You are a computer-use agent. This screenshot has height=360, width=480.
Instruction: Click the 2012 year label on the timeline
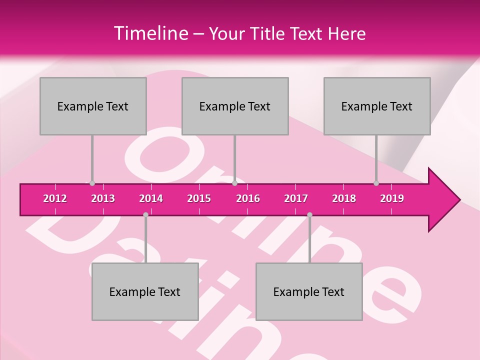(55, 198)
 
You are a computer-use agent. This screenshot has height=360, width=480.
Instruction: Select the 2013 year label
(103, 198)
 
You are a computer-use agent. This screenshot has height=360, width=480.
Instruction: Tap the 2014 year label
(151, 198)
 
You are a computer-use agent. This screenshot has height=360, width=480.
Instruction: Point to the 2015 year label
(199, 198)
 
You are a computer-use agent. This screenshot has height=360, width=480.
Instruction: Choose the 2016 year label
(248, 198)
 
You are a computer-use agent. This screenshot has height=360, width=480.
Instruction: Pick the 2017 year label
(296, 198)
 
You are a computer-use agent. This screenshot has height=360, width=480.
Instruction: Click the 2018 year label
(344, 198)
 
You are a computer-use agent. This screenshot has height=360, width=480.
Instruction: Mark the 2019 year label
(392, 198)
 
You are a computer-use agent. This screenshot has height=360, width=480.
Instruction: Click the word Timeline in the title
(150, 33)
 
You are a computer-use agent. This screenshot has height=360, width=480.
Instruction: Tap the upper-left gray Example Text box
(93, 106)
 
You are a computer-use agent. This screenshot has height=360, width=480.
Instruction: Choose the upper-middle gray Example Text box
(235, 106)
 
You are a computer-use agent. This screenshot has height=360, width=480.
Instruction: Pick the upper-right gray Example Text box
(377, 106)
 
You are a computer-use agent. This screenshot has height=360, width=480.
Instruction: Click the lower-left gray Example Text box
(145, 292)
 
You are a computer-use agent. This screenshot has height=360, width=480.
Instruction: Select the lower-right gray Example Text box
(309, 292)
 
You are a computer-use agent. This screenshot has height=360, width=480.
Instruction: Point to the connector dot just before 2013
(92, 183)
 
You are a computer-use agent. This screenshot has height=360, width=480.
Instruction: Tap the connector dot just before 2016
(235, 183)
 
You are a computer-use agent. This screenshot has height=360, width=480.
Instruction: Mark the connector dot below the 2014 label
(145, 214)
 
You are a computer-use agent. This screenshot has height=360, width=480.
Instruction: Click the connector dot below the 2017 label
(309, 214)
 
